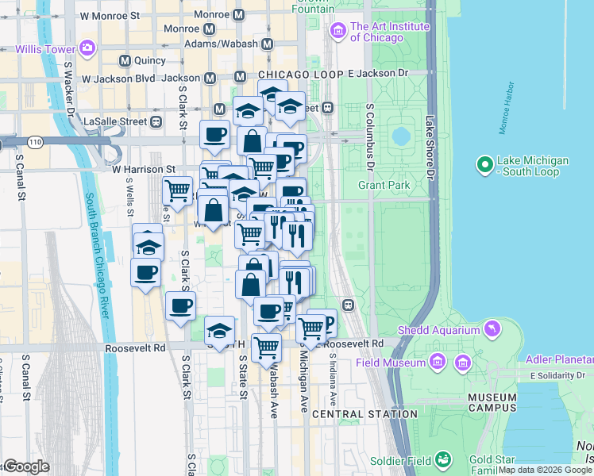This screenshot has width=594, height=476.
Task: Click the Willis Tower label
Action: [44, 48]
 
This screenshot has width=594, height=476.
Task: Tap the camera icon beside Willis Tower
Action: [86, 48]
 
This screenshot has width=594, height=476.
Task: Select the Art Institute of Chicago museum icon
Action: [337, 31]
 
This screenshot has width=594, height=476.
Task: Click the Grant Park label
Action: [384, 185]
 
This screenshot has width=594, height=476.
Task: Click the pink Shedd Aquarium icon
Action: [493, 328]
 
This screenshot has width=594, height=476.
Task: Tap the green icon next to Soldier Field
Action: [442, 460]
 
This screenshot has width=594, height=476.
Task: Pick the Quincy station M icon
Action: [125, 60]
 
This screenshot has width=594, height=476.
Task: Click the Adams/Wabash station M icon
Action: [267, 44]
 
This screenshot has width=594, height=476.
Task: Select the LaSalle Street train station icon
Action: [156, 121]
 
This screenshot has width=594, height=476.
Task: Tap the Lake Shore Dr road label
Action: [430, 147]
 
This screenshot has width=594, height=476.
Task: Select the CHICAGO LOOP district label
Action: [300, 74]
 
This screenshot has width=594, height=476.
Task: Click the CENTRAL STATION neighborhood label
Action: [364, 414]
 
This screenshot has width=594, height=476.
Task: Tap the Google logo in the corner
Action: [25, 466]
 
